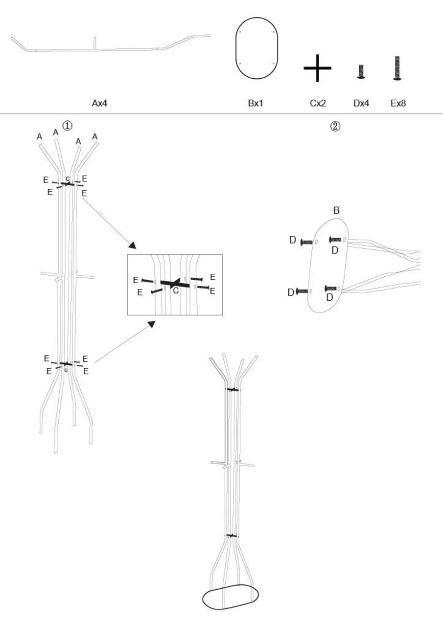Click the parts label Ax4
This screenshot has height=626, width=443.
click(x=99, y=103)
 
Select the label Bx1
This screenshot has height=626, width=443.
click(x=256, y=103)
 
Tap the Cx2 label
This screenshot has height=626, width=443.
click(x=318, y=103)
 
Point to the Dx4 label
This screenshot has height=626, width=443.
click(x=361, y=103)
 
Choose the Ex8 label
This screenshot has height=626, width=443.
click(x=397, y=103)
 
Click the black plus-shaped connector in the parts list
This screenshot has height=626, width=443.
click(x=317, y=68)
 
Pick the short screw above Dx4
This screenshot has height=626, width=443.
click(x=361, y=72)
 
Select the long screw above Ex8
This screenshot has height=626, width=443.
click(x=397, y=68)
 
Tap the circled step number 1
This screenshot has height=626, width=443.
click(x=67, y=125)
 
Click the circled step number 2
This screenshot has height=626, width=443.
click(x=335, y=126)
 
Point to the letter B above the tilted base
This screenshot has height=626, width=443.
click(x=336, y=211)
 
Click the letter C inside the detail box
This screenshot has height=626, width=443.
click(x=175, y=289)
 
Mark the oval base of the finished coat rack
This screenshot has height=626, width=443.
click(x=231, y=597)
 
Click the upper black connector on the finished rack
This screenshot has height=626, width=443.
click(x=233, y=390)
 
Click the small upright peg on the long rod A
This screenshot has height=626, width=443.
click(x=95, y=42)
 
